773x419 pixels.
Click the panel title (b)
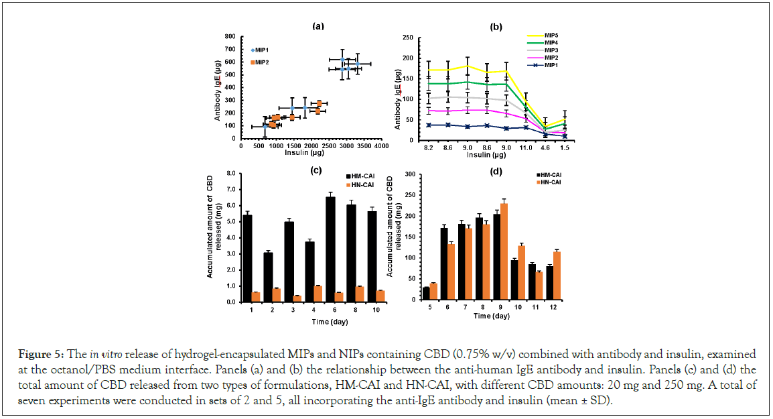[x=496, y=27]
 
